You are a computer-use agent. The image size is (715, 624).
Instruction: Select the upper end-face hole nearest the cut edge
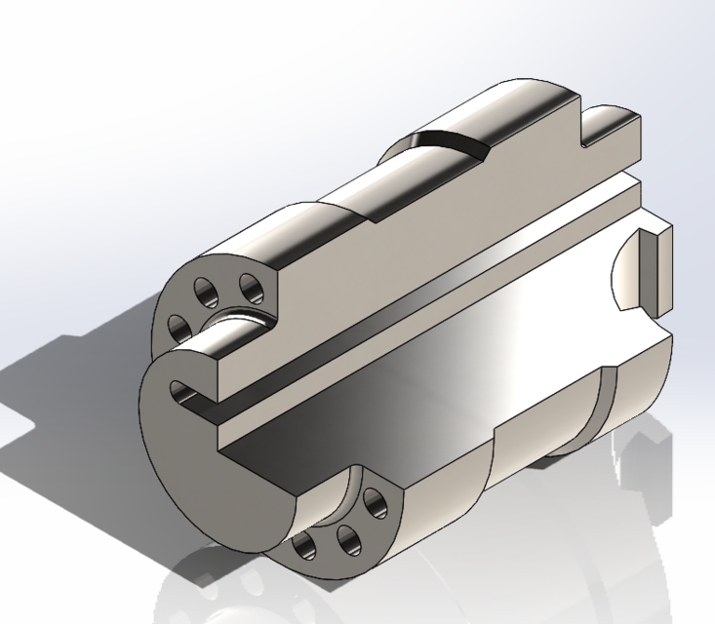click(251, 290)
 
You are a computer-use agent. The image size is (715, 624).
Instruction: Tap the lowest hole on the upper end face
click(179, 324)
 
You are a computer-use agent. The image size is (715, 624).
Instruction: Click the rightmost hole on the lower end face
click(373, 506)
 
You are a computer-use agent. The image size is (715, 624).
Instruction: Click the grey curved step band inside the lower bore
click(606, 400)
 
